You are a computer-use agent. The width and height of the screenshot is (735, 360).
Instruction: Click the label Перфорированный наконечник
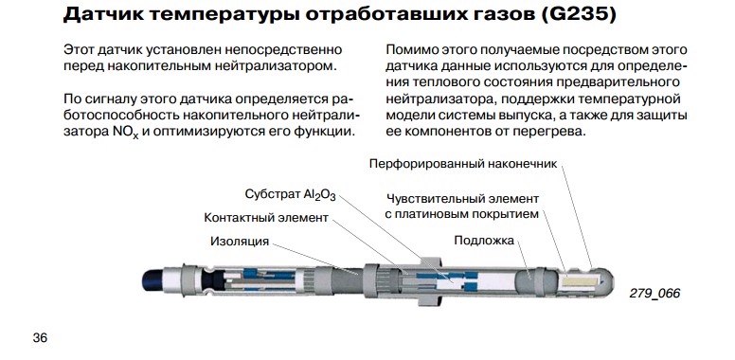click(x=463, y=164)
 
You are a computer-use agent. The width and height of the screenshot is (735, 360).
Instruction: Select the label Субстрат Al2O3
click(x=290, y=194)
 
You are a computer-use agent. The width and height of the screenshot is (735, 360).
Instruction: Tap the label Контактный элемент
click(x=266, y=218)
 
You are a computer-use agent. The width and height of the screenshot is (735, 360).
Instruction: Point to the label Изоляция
click(x=240, y=242)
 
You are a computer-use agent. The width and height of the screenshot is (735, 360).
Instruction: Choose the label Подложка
click(x=484, y=241)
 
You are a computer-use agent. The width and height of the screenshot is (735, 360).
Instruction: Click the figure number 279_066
click(x=654, y=294)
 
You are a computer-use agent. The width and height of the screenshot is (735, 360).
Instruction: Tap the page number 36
click(x=41, y=337)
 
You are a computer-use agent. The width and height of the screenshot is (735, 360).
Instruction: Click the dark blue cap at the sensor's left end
click(x=152, y=280)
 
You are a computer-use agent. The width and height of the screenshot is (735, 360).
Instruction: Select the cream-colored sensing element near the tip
click(x=581, y=281)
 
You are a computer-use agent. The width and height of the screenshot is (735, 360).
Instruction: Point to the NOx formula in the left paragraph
click(x=126, y=133)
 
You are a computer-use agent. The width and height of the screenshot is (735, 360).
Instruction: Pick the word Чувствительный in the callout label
click(x=431, y=199)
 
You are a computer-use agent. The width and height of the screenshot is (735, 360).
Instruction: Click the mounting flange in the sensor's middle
click(x=430, y=281)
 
